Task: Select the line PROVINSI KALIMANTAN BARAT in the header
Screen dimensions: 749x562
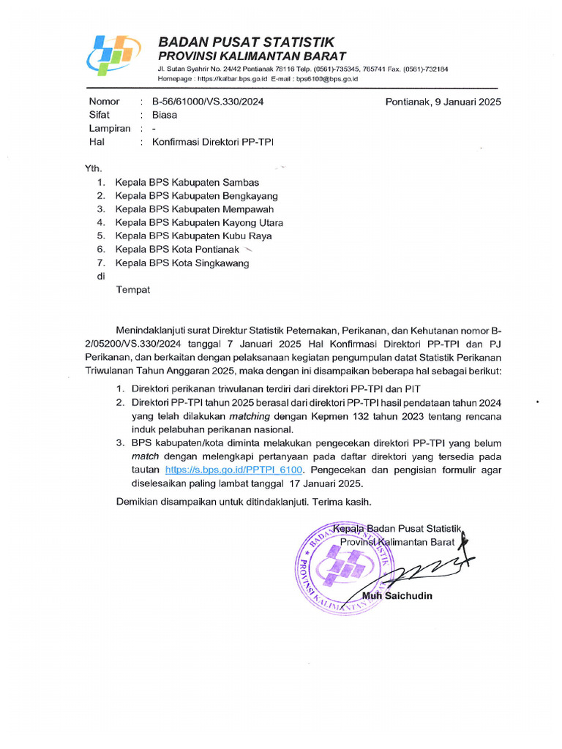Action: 252,56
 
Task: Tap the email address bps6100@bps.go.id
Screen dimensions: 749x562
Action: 326,78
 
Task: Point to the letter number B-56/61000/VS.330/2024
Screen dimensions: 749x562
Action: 208,102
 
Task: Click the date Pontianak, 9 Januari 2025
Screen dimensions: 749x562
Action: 443,102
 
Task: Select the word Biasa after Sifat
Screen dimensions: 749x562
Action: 164,115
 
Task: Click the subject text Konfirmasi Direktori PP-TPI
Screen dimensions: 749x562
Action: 212,142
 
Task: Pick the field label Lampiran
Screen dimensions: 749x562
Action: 110,129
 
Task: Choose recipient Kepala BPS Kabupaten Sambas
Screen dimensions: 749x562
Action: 187,182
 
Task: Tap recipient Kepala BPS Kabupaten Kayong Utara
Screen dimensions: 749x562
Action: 199,222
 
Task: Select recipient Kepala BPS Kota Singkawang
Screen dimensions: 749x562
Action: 181,263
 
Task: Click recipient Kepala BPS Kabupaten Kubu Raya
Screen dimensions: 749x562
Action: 193,236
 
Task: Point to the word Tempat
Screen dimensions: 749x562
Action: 133,290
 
